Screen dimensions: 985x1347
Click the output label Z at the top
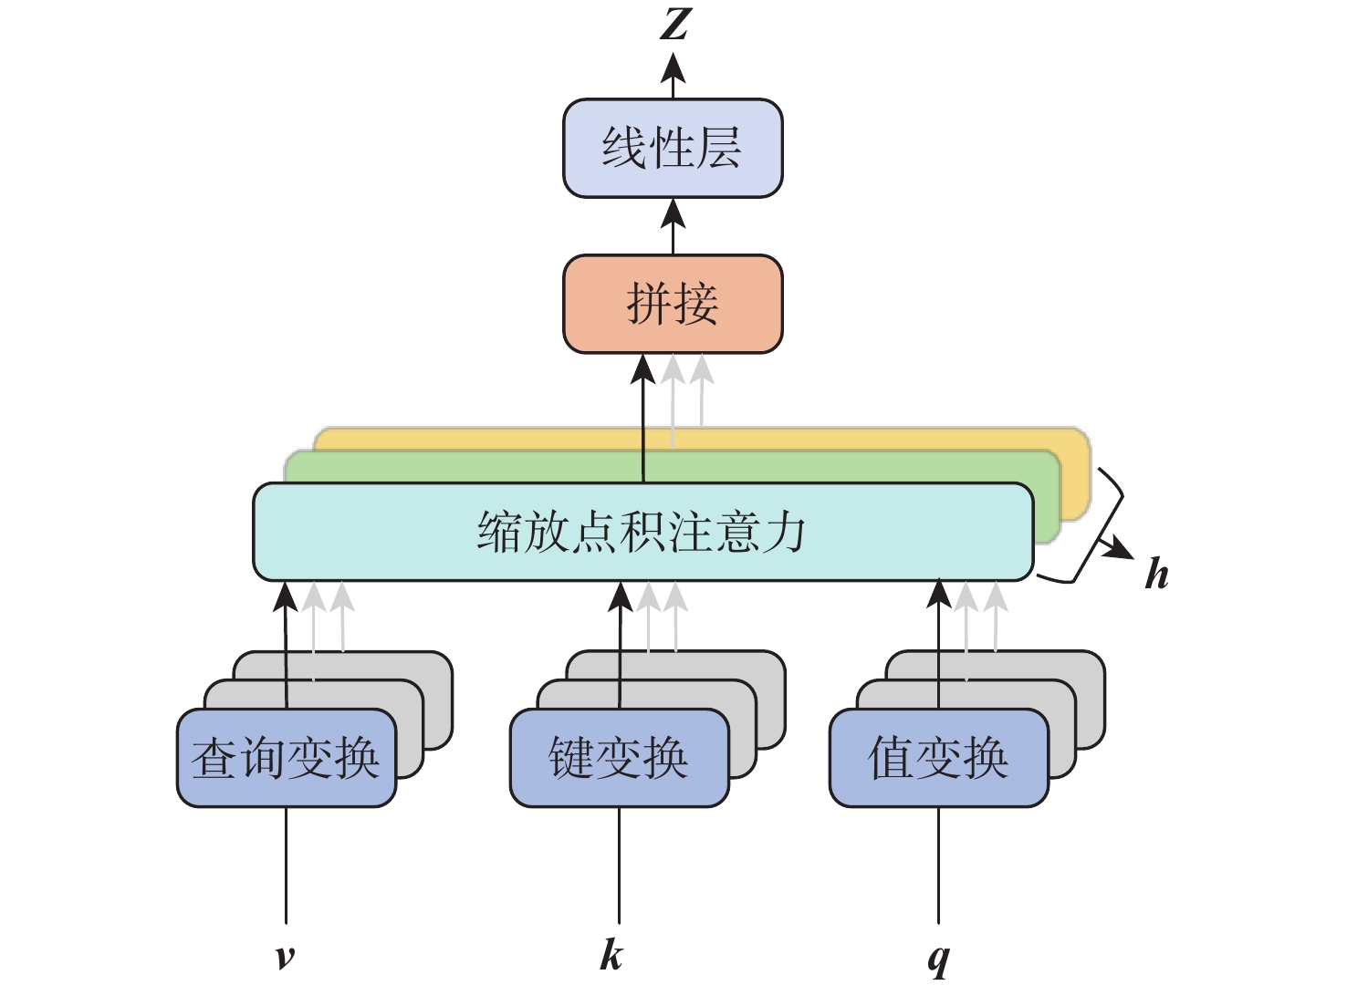point(674,25)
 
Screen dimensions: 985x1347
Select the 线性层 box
point(673,149)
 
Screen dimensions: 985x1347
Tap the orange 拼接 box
point(673,304)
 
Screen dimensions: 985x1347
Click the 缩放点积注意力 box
point(642,532)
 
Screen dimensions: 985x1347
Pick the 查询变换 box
point(286,759)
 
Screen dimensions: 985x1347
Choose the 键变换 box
point(619,759)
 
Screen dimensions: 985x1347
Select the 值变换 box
point(938,759)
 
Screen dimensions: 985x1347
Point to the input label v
point(285,956)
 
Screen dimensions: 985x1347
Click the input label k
point(611,955)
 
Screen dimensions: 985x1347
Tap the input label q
point(938,958)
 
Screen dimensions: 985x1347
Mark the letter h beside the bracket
point(1156,575)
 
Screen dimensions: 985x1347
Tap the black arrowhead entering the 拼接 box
point(643,369)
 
